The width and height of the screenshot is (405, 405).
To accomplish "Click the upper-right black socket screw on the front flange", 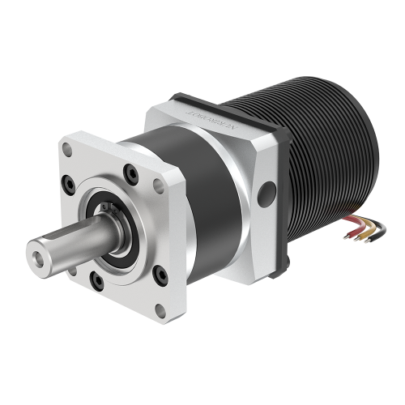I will [129, 171].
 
